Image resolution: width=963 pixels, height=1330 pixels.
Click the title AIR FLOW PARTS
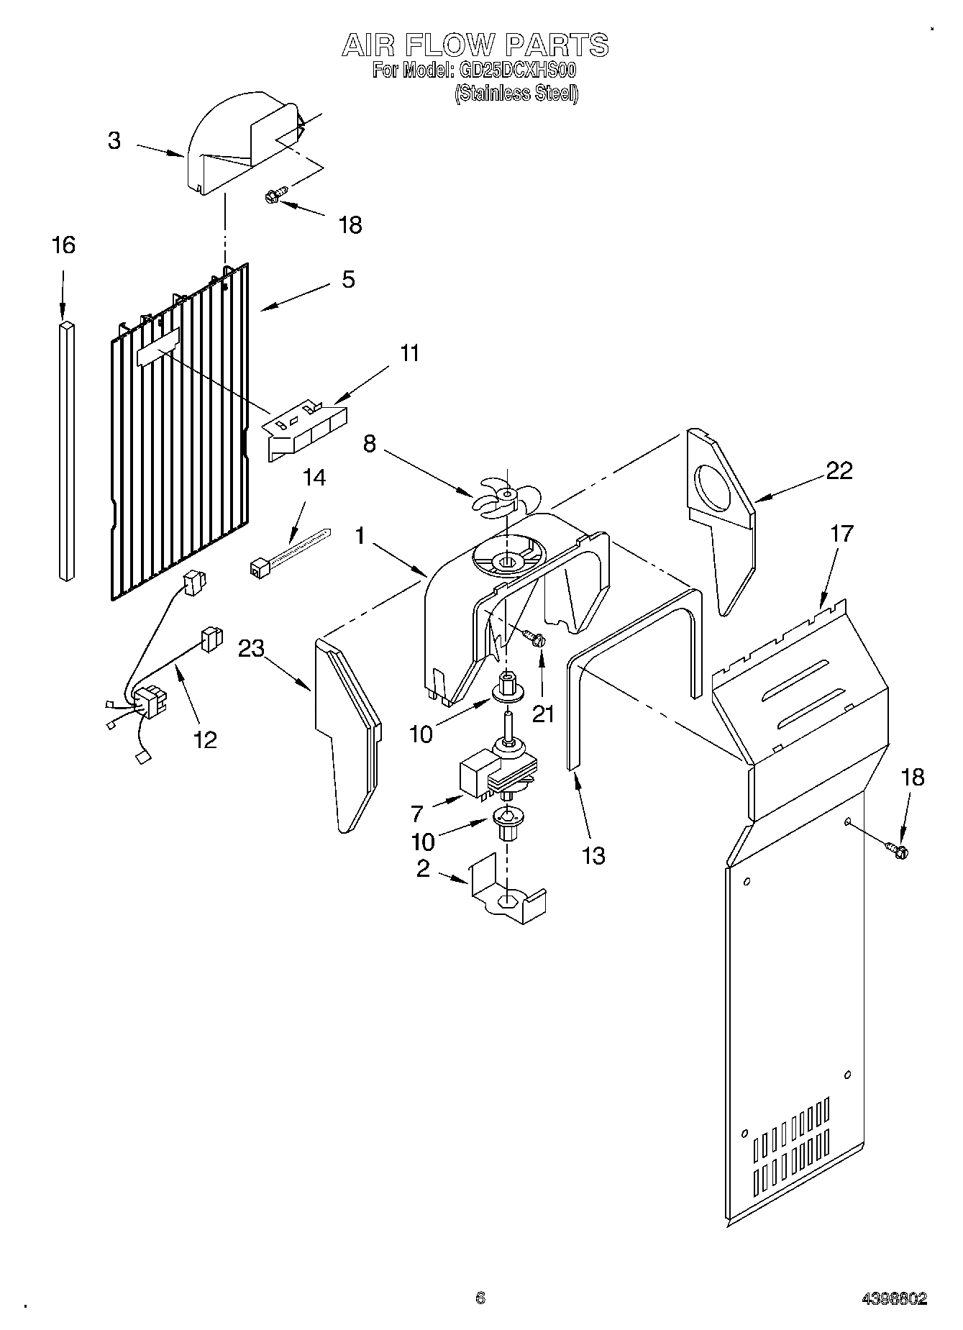475,45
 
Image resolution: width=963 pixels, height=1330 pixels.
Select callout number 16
63,245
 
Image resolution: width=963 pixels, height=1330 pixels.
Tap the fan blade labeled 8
504,496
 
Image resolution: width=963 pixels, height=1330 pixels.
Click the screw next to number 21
533,637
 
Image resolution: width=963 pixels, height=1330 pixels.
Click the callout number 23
252,648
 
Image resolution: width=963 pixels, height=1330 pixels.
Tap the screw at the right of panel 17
898,850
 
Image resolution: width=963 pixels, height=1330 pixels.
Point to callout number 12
206,739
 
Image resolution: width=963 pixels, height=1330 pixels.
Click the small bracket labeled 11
304,430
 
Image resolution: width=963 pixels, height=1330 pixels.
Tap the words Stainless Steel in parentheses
516,94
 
